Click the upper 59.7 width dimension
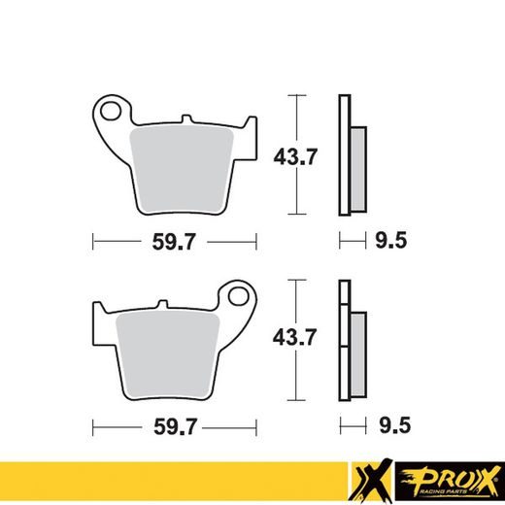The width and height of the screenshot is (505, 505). [175, 240]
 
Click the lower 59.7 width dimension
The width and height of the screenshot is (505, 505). [175, 425]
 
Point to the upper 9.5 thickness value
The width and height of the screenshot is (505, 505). [389, 240]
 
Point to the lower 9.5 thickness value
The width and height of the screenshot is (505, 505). [389, 425]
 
